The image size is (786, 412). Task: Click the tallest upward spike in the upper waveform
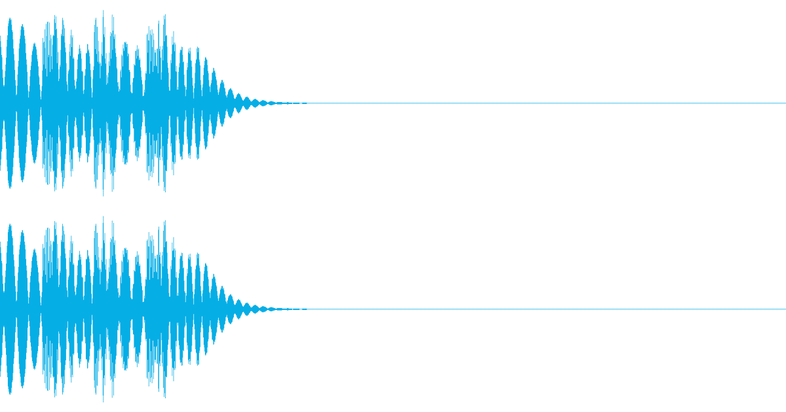(x=104, y=11)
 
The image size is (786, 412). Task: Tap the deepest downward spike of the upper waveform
(x=103, y=195)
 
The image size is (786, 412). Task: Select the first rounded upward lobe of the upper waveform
(x=9, y=26)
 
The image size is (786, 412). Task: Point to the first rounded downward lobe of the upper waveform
(x=9, y=180)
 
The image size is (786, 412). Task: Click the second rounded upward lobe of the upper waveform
(x=22, y=33)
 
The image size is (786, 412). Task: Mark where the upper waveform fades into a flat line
(x=288, y=103)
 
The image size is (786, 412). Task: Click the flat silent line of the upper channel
(x=524, y=103)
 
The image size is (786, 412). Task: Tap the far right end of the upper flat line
(x=784, y=103)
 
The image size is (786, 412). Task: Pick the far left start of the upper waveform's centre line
(x=1, y=103)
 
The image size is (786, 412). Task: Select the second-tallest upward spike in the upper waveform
(x=164, y=14)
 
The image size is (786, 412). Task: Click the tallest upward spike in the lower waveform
(x=104, y=217)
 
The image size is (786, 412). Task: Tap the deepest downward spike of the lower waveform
(x=103, y=401)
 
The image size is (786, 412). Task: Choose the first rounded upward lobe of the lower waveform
(x=9, y=232)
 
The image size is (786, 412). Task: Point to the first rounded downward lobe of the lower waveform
(x=9, y=386)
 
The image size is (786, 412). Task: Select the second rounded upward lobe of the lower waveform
(x=22, y=239)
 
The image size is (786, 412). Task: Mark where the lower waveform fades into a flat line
(x=288, y=309)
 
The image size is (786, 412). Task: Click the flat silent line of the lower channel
(x=524, y=309)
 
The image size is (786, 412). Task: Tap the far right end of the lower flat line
(x=784, y=309)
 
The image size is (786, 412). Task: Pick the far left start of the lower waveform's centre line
(x=1, y=309)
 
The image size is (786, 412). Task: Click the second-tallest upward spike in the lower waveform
(x=164, y=220)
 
